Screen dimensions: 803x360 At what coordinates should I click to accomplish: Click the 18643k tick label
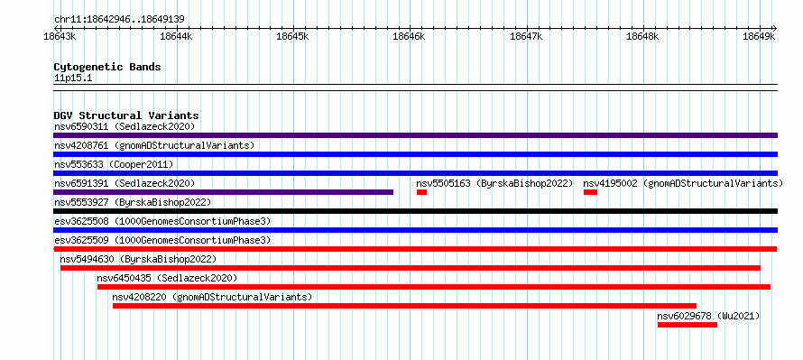pyautogui.click(x=60, y=36)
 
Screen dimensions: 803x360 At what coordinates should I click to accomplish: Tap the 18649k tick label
pyautogui.click(x=759, y=36)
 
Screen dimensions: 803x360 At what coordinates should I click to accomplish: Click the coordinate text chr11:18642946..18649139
pyautogui.click(x=119, y=20)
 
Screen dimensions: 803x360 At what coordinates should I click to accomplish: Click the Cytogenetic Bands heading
pyautogui.click(x=107, y=67)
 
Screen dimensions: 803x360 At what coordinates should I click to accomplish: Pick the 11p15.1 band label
pyautogui.click(x=73, y=78)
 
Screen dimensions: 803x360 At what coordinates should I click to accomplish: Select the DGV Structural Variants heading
pyautogui.click(x=126, y=115)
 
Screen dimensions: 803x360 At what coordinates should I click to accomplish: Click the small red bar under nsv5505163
pyautogui.click(x=421, y=192)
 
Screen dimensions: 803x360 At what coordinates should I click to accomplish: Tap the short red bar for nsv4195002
pyautogui.click(x=590, y=192)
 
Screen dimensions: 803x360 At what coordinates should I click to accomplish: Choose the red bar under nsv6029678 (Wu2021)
pyautogui.click(x=688, y=325)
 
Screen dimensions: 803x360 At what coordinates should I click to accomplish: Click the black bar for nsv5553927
pyautogui.click(x=415, y=211)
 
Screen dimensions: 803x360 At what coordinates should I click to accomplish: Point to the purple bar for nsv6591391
pyautogui.click(x=223, y=192)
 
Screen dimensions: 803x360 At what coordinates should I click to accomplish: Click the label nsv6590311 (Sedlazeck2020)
pyautogui.click(x=125, y=126)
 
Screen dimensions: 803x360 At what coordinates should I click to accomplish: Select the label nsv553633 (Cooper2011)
pyautogui.click(x=114, y=164)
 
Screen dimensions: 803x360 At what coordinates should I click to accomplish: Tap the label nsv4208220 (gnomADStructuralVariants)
pyautogui.click(x=212, y=297)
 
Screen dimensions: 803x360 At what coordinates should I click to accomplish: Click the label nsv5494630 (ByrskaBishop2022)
pyautogui.click(x=138, y=259)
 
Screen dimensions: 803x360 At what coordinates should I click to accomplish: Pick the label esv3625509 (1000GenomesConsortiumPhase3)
pyautogui.click(x=162, y=240)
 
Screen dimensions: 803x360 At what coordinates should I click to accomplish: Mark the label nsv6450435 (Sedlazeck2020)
pyautogui.click(x=167, y=278)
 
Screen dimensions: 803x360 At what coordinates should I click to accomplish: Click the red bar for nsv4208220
pyautogui.click(x=404, y=306)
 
